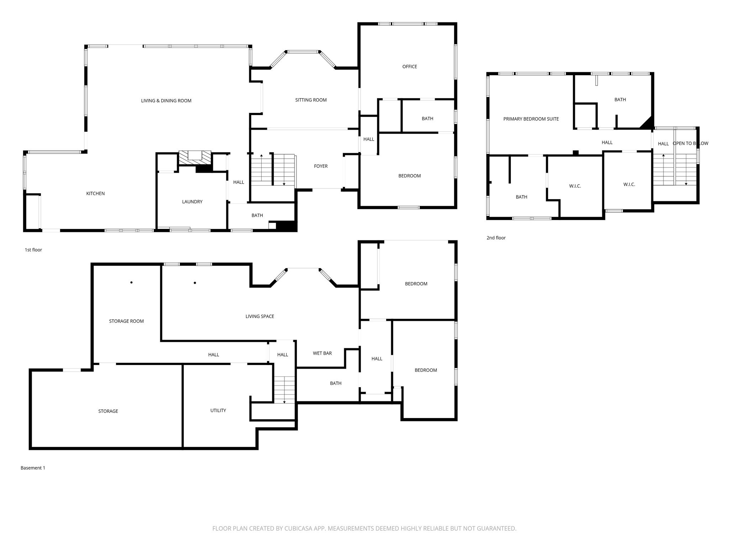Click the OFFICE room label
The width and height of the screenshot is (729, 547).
click(x=409, y=67)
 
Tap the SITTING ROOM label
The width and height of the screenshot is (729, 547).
click(x=311, y=100)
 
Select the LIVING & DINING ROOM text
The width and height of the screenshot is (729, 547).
click(x=166, y=101)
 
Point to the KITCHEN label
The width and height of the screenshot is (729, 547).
click(x=95, y=194)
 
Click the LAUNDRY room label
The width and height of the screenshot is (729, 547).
click(x=192, y=202)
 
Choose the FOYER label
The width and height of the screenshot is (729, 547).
click(x=321, y=166)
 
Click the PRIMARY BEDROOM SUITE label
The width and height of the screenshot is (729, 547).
click(x=531, y=119)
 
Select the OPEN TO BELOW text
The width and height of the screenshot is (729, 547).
click(x=690, y=144)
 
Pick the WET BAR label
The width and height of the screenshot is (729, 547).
click(x=322, y=353)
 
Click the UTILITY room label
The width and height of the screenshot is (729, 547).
click(x=218, y=411)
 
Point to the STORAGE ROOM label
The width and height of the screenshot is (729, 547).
click(x=126, y=321)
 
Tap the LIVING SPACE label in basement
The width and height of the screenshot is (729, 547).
click(x=260, y=317)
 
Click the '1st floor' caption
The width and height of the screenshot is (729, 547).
click(x=33, y=250)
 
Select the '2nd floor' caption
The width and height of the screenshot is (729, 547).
click(x=496, y=238)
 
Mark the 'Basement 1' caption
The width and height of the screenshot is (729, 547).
click(x=33, y=468)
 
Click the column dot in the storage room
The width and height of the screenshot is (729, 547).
click(x=131, y=282)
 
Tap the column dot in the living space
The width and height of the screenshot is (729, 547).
click(x=195, y=283)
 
